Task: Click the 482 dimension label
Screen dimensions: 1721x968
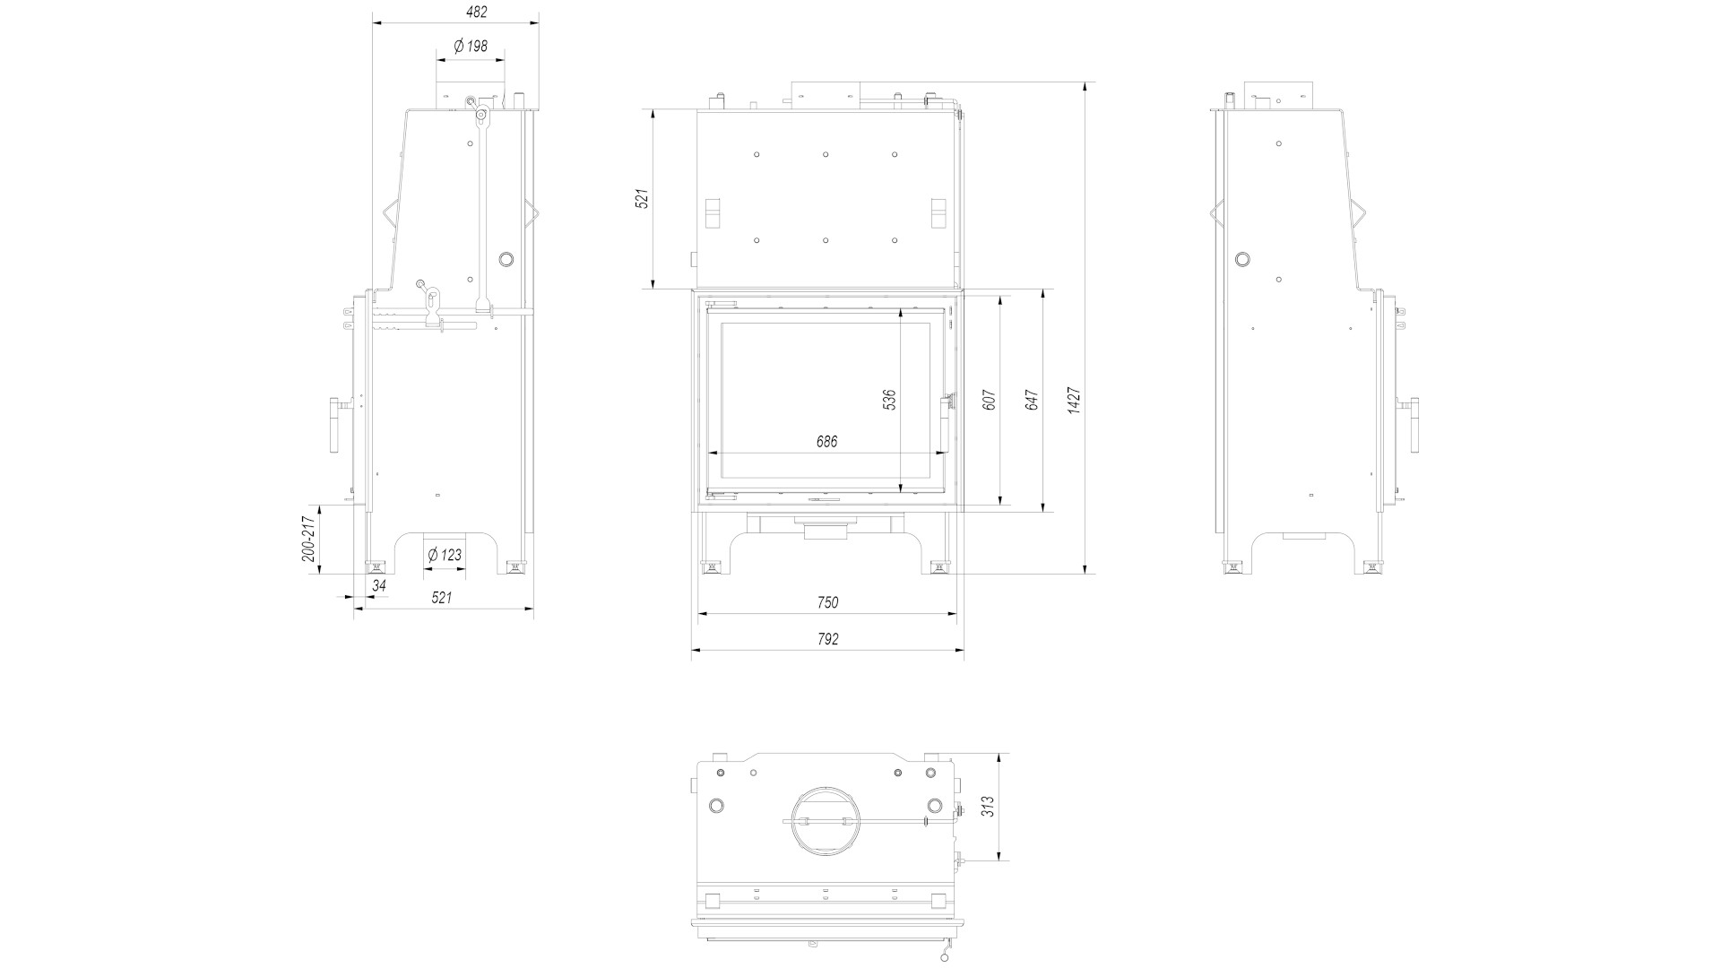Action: pyautogui.click(x=477, y=13)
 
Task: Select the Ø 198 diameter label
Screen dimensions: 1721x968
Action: pyautogui.click(x=471, y=46)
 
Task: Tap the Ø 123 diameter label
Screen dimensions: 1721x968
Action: pyautogui.click(x=445, y=555)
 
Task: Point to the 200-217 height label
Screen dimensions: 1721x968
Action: pyautogui.click(x=308, y=539)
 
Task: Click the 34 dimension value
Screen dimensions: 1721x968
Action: pyautogui.click(x=379, y=585)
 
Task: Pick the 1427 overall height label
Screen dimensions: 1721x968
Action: pyautogui.click(x=1075, y=400)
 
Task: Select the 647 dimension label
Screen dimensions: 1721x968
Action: pyautogui.click(x=1032, y=400)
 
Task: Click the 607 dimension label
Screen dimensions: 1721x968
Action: pyautogui.click(x=990, y=400)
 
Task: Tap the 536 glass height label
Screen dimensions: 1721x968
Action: pyautogui.click(x=889, y=400)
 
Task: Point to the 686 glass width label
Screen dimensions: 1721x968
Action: pyautogui.click(x=826, y=442)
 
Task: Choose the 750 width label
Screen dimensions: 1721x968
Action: pyautogui.click(x=827, y=602)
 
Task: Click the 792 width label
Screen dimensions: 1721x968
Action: pyautogui.click(x=827, y=639)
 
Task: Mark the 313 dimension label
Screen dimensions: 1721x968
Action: pyautogui.click(x=989, y=807)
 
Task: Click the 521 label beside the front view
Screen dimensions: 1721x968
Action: pyautogui.click(x=642, y=198)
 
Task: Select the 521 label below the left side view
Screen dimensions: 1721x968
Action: pyautogui.click(x=442, y=598)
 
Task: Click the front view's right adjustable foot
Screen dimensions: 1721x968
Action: pyautogui.click(x=938, y=566)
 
